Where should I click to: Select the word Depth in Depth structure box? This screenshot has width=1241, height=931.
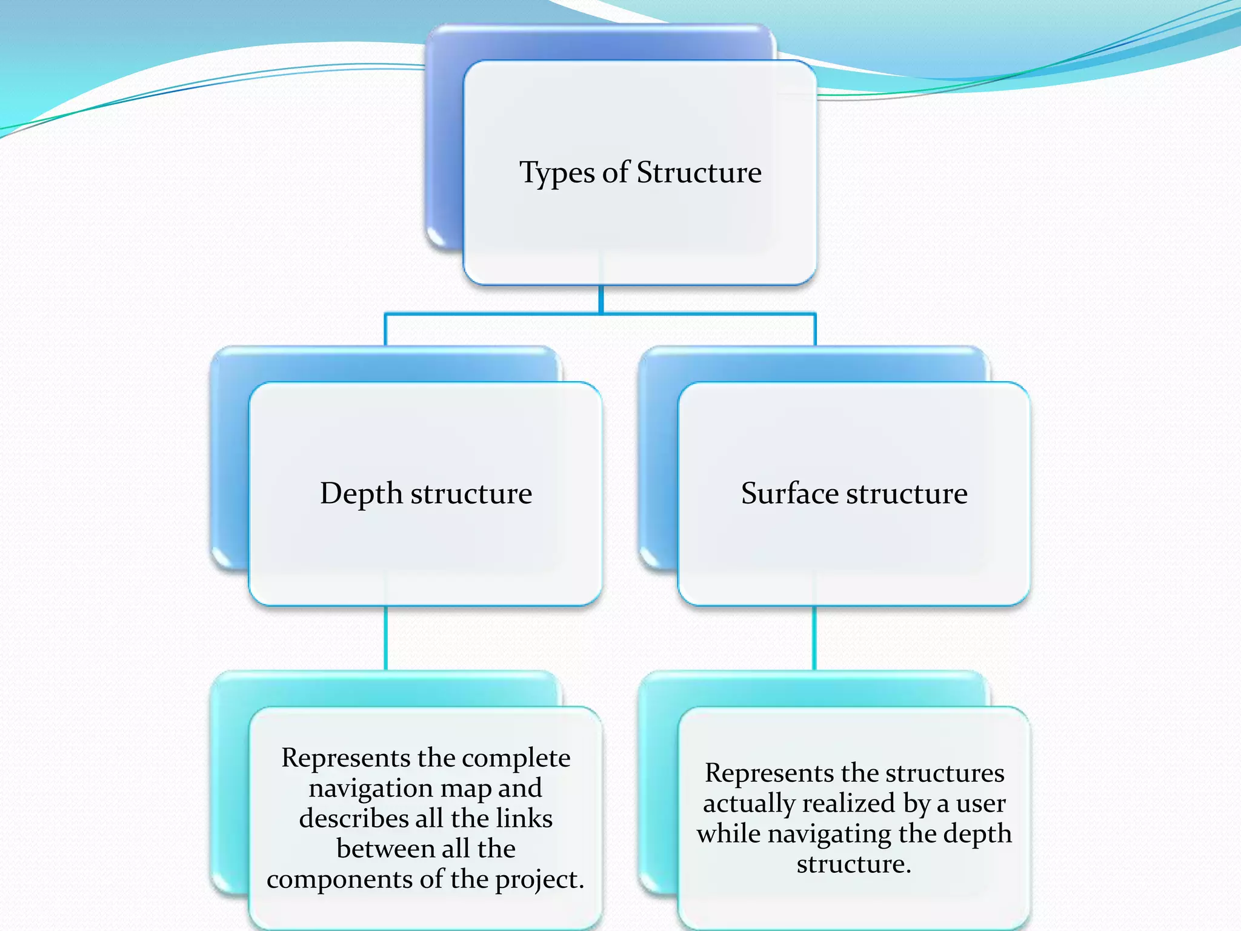coord(361,494)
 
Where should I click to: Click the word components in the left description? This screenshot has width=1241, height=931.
coord(339,879)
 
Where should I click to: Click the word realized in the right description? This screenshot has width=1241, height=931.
coord(848,804)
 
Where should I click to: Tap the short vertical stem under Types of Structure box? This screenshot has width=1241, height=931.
coord(601,299)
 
